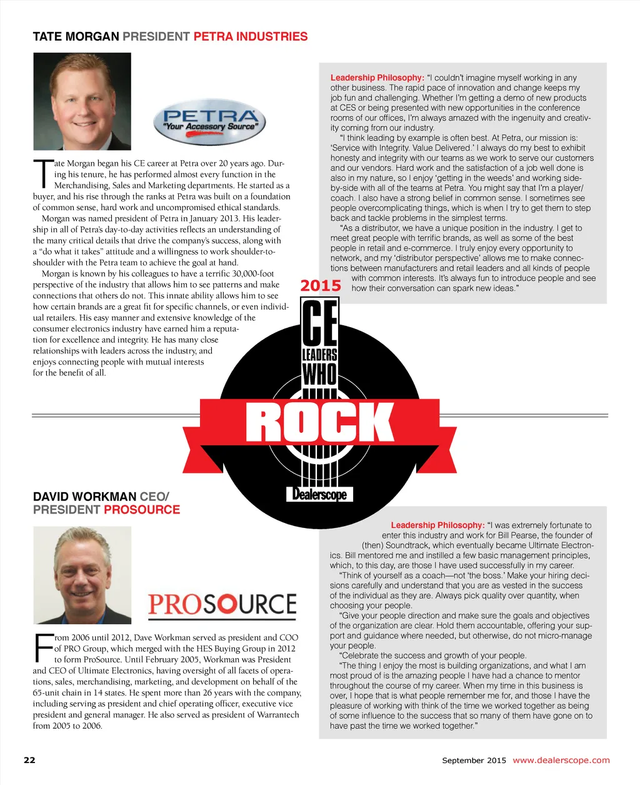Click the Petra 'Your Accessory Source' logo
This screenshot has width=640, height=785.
(209, 121)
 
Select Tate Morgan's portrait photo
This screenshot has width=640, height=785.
(82, 102)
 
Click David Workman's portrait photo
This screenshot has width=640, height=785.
(82, 575)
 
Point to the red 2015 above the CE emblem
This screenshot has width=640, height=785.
(321, 286)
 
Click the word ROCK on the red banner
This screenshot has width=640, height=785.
(320, 422)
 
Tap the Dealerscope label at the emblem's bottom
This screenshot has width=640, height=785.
(320, 495)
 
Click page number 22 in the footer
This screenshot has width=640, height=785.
(29, 760)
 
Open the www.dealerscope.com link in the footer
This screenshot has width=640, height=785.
(561, 760)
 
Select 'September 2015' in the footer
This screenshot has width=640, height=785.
(474, 761)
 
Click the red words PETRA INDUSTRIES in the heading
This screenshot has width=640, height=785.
(250, 37)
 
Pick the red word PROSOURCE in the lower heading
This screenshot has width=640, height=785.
(142, 510)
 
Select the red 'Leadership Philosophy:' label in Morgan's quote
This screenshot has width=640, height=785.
(377, 78)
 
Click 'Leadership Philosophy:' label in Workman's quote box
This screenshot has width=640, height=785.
(437, 525)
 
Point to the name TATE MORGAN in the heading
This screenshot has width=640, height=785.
(76, 37)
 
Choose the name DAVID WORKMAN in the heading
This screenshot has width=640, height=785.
(84, 497)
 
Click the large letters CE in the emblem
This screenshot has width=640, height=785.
(320, 322)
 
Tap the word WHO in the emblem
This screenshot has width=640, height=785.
(320, 375)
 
